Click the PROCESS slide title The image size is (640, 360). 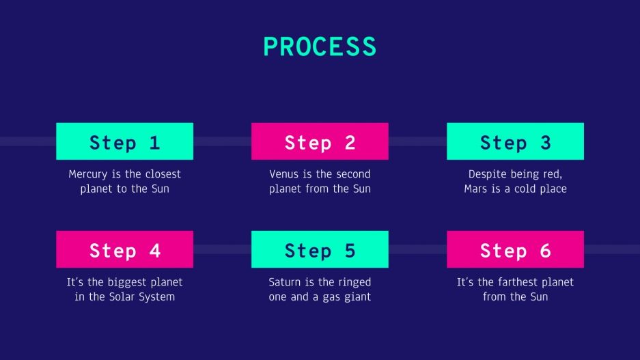coord(320,46)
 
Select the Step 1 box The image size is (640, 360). coord(124,141)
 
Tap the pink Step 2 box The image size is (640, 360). coord(320,141)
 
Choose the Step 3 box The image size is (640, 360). coord(515,141)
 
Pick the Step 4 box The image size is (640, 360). coord(124,249)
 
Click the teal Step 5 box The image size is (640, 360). coord(320,249)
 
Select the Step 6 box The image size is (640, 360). coord(515,249)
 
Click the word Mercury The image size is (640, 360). coord(89,174)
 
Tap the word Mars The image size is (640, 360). coord(476,189)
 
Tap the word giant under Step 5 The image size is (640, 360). coord(357,296)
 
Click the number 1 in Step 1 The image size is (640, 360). coord(154,143)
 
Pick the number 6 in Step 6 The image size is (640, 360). coord(545,251)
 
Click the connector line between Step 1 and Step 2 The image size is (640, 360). coord(222,141)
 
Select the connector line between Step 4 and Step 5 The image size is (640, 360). coord(222,249)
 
